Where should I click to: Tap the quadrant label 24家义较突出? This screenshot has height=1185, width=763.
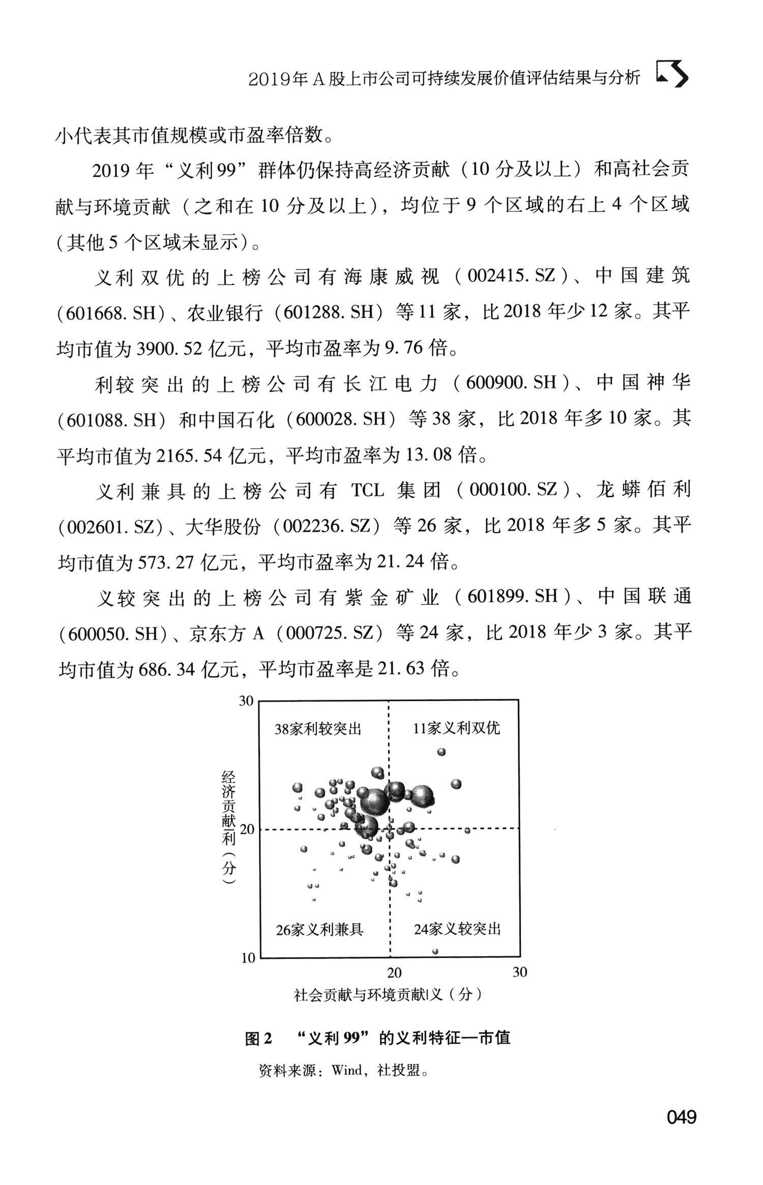457,930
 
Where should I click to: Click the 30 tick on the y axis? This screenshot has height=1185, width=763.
246,701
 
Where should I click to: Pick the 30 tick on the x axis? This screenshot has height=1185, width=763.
520,972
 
